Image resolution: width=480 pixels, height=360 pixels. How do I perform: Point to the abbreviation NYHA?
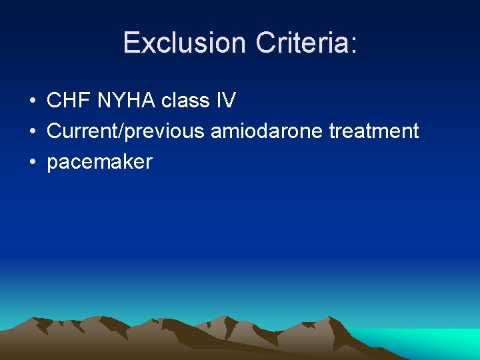(x=126, y=101)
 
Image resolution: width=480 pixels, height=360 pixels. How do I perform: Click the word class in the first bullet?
(x=184, y=101)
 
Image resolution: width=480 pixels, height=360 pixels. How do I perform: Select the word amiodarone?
(x=267, y=131)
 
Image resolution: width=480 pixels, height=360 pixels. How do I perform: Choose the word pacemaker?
(x=99, y=162)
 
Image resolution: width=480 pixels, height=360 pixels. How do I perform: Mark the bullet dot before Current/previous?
(x=32, y=132)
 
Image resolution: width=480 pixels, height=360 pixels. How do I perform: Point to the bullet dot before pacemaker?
(x=32, y=162)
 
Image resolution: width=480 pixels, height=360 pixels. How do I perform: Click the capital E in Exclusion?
(x=133, y=43)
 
